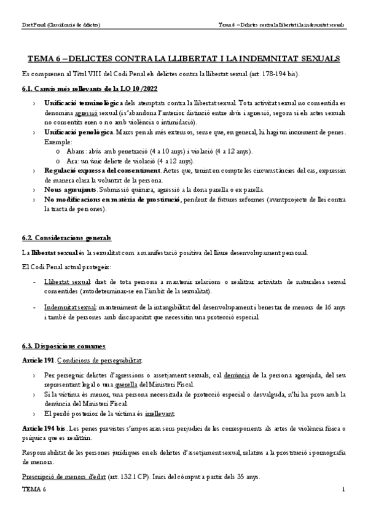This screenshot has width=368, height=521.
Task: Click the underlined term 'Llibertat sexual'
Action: (68, 281)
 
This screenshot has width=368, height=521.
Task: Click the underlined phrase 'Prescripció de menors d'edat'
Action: (60, 476)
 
